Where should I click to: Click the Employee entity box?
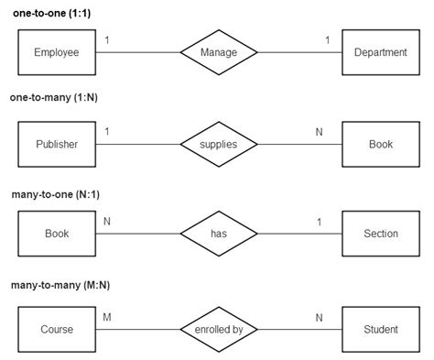click(x=57, y=52)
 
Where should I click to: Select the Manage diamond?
click(x=218, y=52)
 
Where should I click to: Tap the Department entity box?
click(x=380, y=52)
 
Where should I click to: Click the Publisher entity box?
click(x=57, y=144)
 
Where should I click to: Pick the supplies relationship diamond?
click(x=218, y=144)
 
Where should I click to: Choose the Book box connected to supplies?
click(x=380, y=144)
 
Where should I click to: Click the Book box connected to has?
click(x=57, y=234)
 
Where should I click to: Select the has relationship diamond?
click(x=218, y=234)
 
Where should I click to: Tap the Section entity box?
click(x=380, y=234)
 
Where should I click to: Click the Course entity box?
click(x=57, y=329)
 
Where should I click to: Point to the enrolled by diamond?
click(x=218, y=329)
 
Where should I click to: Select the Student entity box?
click(x=380, y=329)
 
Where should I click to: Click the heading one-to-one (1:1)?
click(x=50, y=12)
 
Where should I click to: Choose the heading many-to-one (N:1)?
click(x=56, y=194)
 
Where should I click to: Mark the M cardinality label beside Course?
click(x=107, y=317)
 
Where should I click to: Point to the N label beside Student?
click(x=320, y=317)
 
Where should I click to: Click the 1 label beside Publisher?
click(x=107, y=132)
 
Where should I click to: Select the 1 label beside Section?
click(x=320, y=222)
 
